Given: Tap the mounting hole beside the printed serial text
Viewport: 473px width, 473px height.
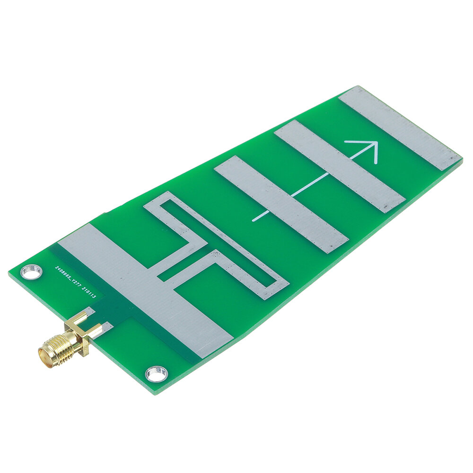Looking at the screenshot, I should pyautogui.click(x=31, y=272).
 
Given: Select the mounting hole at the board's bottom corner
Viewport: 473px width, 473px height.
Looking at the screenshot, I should pyautogui.click(x=156, y=374).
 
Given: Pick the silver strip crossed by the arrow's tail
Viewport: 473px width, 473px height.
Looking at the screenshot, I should pyautogui.click(x=281, y=204).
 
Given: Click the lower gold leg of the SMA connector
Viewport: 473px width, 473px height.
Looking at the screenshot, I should pyautogui.click(x=97, y=331).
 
